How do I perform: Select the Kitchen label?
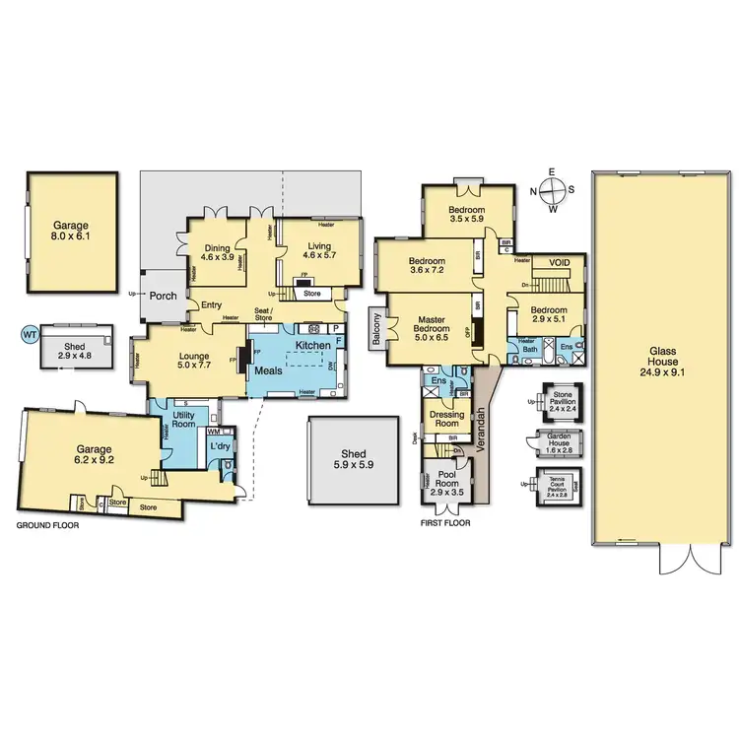click(312, 346)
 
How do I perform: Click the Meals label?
click(270, 370)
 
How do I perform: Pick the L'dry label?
click(219, 449)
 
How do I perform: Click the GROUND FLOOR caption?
click(47, 526)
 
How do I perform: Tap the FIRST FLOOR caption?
click(445, 523)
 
